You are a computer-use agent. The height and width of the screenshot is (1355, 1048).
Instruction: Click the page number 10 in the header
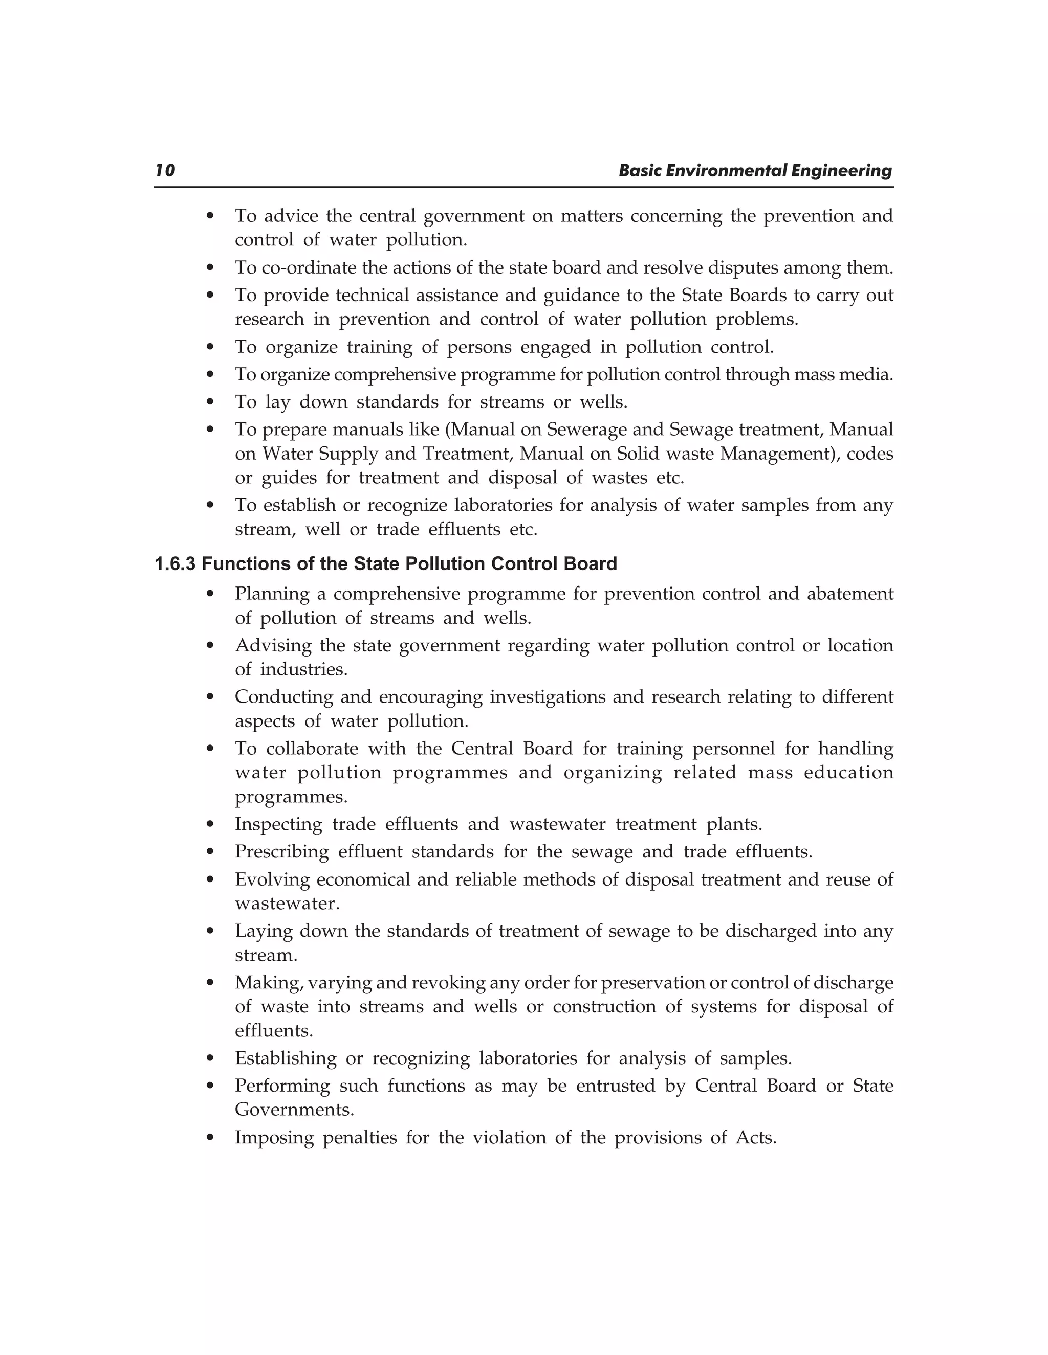point(165,171)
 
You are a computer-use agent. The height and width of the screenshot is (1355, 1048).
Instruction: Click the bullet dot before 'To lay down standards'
point(210,402)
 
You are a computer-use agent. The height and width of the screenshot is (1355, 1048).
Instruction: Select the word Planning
point(271,594)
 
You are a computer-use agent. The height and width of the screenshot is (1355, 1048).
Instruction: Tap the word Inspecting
point(279,825)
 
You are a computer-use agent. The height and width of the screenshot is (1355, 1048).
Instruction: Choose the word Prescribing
point(282,852)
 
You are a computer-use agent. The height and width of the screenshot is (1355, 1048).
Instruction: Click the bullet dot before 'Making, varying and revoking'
point(210,983)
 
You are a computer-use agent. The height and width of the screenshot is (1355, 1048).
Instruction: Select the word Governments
point(294,1110)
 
